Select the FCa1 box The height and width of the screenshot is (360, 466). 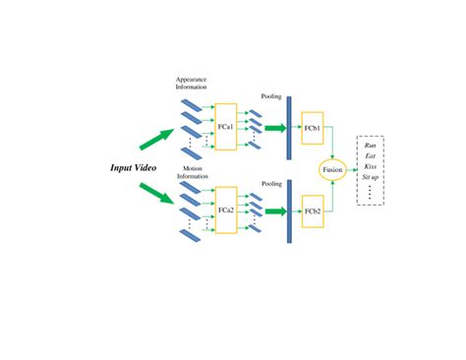tap(226, 126)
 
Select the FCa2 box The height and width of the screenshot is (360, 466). tap(226, 210)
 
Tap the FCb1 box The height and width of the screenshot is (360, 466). tap(314, 127)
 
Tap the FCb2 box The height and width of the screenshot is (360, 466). tap(314, 210)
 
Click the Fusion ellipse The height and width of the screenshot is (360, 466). tap(332, 169)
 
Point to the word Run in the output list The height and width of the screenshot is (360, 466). tap(370, 145)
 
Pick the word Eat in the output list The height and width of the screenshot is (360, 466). tap(370, 155)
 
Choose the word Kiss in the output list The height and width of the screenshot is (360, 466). tap(370, 166)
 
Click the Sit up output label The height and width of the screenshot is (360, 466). tap(371, 177)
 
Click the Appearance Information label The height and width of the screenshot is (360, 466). tap(192, 83)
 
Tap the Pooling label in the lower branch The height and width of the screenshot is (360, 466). tap(272, 182)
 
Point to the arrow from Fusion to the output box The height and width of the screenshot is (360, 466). tap(351, 169)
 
